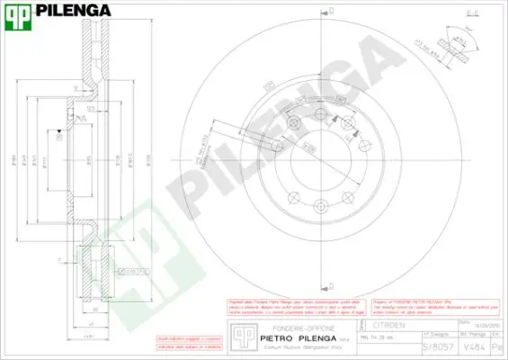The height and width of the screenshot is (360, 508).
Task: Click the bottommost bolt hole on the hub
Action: [321, 206]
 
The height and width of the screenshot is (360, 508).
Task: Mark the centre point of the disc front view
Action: [321, 160]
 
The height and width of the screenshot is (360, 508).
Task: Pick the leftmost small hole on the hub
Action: [277, 146]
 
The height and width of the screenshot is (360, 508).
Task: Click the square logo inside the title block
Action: [240, 335]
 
